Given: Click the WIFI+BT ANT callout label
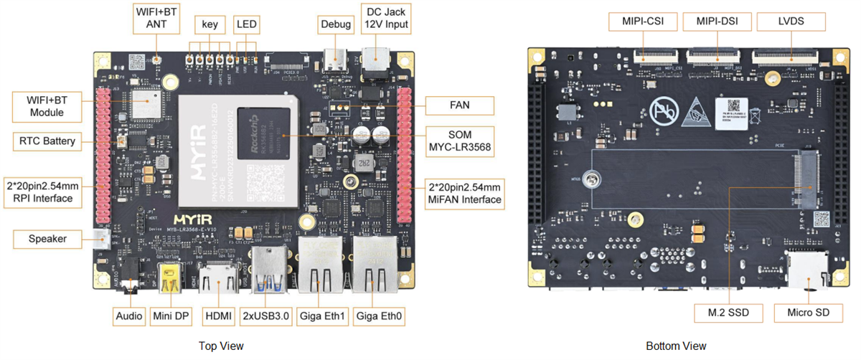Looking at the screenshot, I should tap(156, 18).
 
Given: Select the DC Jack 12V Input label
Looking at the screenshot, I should tap(387, 18).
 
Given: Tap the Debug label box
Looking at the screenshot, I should tap(336, 24).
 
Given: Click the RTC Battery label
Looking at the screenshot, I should tap(47, 141).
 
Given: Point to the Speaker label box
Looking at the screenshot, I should tap(47, 239).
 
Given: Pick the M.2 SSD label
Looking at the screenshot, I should tap(728, 313).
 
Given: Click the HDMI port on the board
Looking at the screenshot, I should tap(220, 280).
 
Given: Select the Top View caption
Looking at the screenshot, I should tap(221, 346).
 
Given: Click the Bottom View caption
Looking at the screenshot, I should tap(676, 346).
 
